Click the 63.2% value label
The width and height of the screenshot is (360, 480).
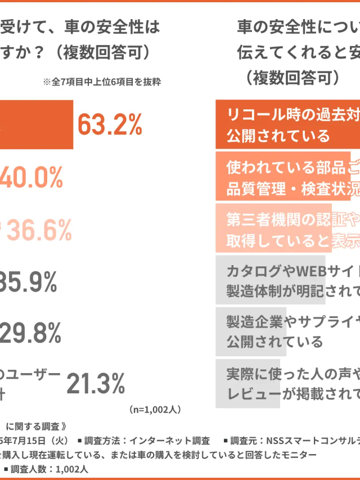tap(110, 124)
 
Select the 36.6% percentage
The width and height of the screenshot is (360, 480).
tap(40, 230)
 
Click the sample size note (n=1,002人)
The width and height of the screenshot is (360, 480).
tap(155, 409)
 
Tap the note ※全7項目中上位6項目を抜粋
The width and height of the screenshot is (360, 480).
tap(102, 82)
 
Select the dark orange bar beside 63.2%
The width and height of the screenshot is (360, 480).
tap(36, 124)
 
